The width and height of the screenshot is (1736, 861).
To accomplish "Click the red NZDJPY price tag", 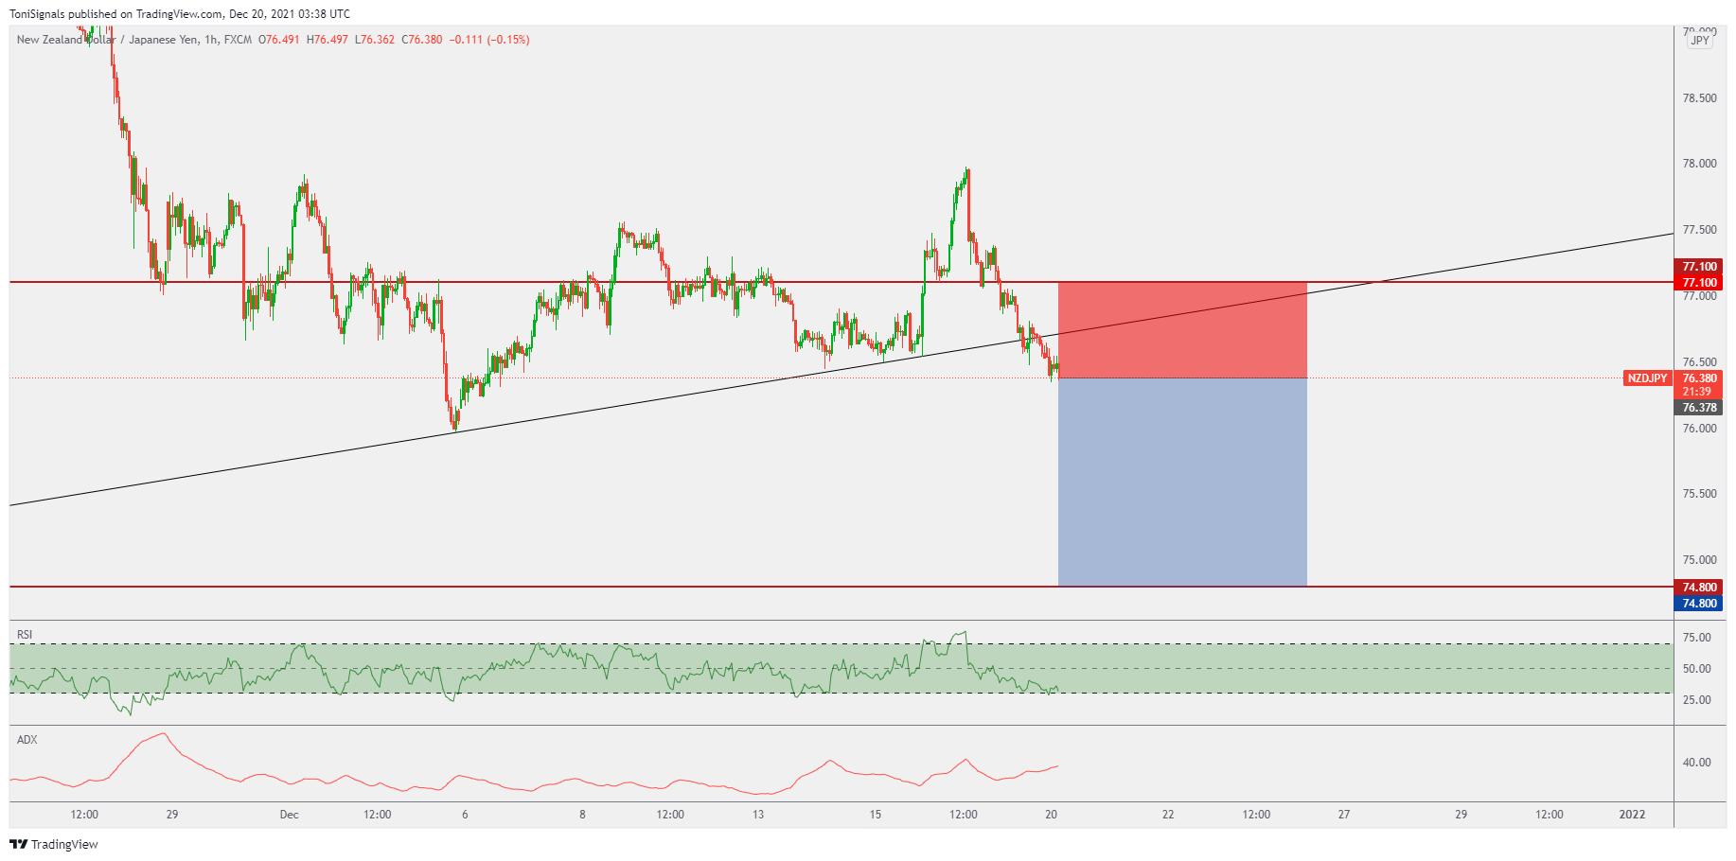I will (x=1647, y=378).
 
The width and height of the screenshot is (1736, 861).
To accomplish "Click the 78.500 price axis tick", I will (x=1699, y=98).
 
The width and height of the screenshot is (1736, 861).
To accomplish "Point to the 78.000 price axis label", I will (x=1699, y=164).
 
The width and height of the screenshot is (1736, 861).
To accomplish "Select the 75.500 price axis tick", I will (x=1699, y=494).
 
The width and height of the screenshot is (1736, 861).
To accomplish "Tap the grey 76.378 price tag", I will (x=1699, y=408).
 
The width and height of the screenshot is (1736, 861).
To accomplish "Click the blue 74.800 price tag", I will (x=1699, y=604).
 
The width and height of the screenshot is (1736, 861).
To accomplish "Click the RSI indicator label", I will (x=25, y=635).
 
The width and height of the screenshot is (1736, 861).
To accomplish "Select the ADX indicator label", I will (x=27, y=740).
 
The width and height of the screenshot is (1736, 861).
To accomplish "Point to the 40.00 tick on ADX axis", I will (x=1696, y=763).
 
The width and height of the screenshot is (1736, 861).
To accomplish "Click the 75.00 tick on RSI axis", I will (x=1696, y=638).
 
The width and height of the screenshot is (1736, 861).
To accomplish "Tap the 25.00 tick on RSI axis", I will (x=1696, y=700).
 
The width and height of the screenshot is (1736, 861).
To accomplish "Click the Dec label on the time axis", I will (x=289, y=815).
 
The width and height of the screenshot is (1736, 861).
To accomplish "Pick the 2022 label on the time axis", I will (x=1632, y=815).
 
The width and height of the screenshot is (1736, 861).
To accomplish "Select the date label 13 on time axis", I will (x=758, y=815).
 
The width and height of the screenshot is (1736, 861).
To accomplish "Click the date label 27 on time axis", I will (x=1344, y=815).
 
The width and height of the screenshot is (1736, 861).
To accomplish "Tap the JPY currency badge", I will (x=1700, y=41).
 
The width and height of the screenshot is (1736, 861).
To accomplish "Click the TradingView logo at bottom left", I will (x=54, y=844).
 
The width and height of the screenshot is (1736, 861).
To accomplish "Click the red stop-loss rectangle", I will (x=1182, y=330).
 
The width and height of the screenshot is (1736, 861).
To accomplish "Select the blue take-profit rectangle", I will (x=1182, y=483).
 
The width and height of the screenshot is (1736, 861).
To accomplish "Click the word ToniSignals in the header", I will (x=37, y=14).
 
